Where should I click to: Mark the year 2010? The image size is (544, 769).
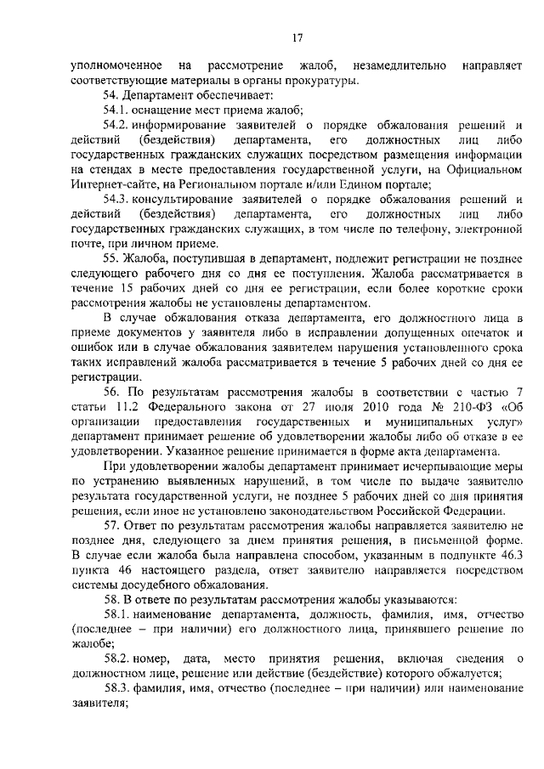[354, 405]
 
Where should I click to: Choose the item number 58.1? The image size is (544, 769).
[117, 614]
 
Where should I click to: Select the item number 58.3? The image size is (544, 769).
[117, 687]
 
